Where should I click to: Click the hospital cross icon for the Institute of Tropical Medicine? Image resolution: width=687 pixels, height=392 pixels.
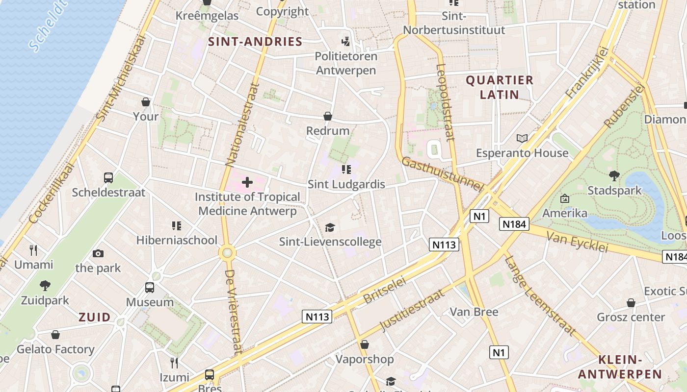click(247, 183)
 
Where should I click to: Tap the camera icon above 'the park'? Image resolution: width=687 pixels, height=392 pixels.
click(98, 253)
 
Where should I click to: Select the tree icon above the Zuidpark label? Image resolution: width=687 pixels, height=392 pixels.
click(45, 285)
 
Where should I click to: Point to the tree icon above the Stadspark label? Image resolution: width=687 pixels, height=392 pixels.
click(614, 176)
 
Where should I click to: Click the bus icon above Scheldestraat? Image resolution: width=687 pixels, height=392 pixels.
click(108, 177)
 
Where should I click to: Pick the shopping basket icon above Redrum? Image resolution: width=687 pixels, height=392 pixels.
click(328, 116)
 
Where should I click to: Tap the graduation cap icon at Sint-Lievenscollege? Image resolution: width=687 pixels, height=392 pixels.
click(330, 227)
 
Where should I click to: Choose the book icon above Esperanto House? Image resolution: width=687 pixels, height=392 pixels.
click(522, 138)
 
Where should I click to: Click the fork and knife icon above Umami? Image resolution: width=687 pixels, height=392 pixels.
click(33, 250)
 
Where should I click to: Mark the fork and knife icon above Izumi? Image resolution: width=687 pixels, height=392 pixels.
click(174, 363)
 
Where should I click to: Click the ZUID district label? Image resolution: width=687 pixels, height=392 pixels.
click(95, 317)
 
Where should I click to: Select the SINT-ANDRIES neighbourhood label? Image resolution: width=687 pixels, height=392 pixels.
click(255, 42)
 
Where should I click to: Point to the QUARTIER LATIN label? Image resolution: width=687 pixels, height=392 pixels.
click(500, 87)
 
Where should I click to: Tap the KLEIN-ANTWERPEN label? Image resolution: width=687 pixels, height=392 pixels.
click(620, 367)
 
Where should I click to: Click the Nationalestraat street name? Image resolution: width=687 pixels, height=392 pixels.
click(242, 124)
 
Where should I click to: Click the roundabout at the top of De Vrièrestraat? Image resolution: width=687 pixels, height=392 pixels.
click(227, 253)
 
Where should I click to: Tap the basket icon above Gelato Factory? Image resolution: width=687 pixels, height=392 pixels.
click(55, 335)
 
